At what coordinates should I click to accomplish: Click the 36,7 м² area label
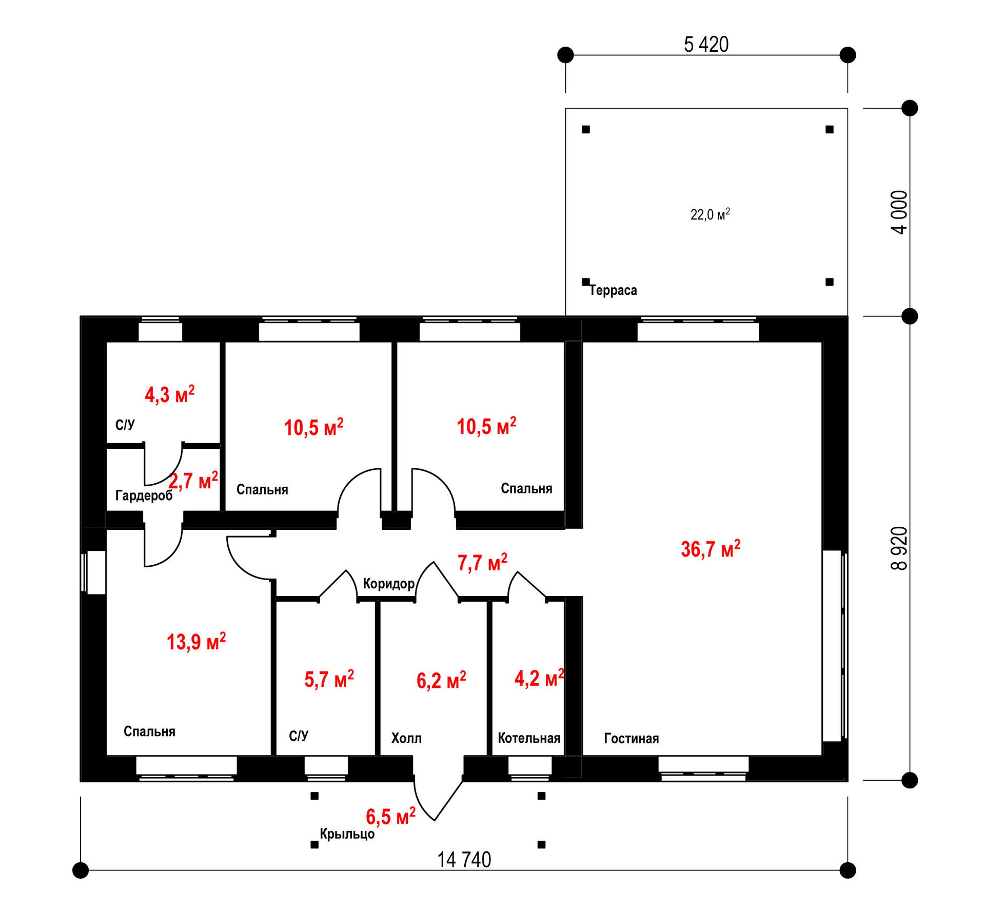[x=711, y=549]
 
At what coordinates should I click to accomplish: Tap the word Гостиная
[x=631, y=739]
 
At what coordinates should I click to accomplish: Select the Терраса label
[x=613, y=290]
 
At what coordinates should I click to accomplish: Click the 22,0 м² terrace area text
[x=710, y=214]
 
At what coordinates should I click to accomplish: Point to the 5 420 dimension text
[x=706, y=45]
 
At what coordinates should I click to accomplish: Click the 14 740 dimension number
[x=464, y=860]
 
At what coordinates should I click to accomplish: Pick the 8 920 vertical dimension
[x=899, y=548]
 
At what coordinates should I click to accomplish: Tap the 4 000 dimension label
[x=899, y=212]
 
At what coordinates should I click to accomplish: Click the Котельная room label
[x=529, y=738]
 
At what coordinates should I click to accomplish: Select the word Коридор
[x=388, y=584]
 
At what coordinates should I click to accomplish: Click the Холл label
[x=406, y=739]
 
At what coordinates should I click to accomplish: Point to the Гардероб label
[x=144, y=495]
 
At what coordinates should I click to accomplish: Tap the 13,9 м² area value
[x=196, y=642]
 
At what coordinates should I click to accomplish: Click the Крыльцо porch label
[x=347, y=834]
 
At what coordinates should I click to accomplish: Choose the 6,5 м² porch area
[x=390, y=817]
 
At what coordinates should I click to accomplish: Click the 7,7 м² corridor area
[x=482, y=563]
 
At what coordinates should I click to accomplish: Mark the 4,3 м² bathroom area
[x=170, y=394]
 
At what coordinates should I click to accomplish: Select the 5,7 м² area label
[x=329, y=679]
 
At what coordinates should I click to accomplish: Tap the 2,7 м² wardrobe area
[x=193, y=481]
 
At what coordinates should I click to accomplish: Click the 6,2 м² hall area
[x=441, y=681]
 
